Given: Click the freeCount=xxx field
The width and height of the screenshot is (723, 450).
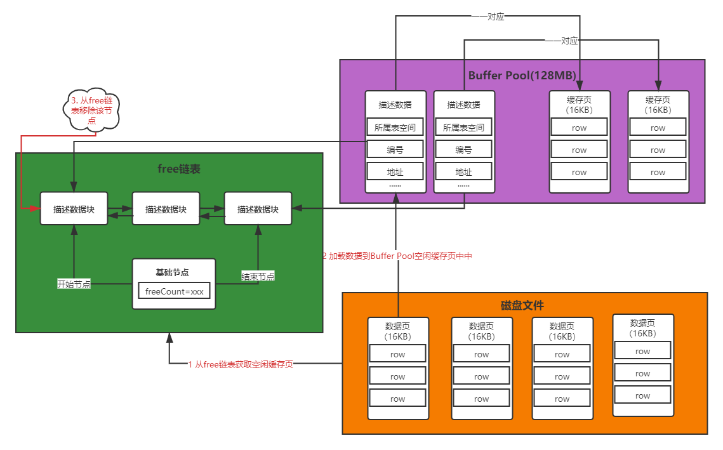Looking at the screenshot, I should click(x=174, y=292).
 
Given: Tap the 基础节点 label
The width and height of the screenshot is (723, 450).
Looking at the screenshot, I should click(x=173, y=272).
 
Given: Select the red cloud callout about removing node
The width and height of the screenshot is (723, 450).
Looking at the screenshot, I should click(x=92, y=110).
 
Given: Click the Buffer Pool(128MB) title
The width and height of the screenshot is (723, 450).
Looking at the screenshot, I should click(x=522, y=76).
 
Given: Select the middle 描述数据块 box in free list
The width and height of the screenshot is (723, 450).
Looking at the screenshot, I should click(x=166, y=209).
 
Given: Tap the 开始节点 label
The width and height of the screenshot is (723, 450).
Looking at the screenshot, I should click(x=74, y=284).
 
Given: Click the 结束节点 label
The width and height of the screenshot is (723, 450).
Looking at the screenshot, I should click(x=258, y=277).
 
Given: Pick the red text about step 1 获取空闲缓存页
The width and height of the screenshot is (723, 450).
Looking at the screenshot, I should click(x=241, y=364).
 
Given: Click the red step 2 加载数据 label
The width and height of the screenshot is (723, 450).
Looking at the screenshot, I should click(x=398, y=256).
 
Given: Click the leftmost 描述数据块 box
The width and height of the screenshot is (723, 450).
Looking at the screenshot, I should click(x=74, y=209).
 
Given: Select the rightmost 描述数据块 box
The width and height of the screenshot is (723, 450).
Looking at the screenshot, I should click(x=258, y=209).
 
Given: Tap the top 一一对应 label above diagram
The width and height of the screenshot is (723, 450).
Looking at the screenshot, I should click(x=488, y=17).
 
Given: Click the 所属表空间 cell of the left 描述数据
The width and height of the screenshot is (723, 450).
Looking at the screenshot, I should click(x=395, y=128).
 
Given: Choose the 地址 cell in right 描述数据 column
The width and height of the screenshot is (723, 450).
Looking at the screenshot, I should click(x=463, y=172).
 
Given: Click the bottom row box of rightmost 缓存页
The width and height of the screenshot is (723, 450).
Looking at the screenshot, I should click(x=658, y=172).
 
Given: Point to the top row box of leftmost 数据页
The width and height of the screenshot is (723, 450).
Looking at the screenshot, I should click(x=397, y=354).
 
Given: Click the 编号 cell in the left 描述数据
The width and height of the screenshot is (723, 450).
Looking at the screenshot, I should click(x=395, y=150).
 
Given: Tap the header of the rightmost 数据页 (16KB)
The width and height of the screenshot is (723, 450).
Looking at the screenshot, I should click(x=642, y=328).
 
